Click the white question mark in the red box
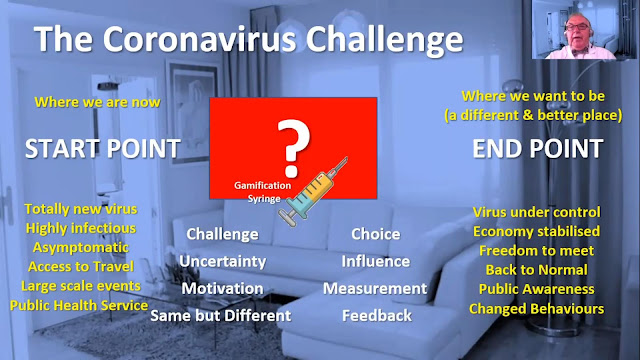pyautogui.click(x=293, y=148)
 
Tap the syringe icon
pyautogui.click(x=313, y=192)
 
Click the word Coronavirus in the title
pyautogui.click(x=200, y=40)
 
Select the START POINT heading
pyautogui.click(x=103, y=149)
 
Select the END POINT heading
pyautogui.click(x=538, y=149)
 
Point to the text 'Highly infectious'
pyautogui.click(x=81, y=228)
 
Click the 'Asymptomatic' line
pyautogui.click(x=81, y=247)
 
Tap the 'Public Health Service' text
pyautogui.click(x=79, y=305)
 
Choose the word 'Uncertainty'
pyautogui.click(x=222, y=262)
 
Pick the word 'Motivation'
pyautogui.click(x=222, y=289)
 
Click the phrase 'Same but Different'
pyautogui.click(x=221, y=316)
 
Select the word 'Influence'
pyautogui.click(x=376, y=261)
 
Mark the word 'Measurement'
pyautogui.click(x=375, y=289)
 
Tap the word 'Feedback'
pyautogui.click(x=377, y=316)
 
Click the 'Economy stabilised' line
pyautogui.click(x=536, y=231)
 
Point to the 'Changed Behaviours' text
pyautogui.click(x=536, y=309)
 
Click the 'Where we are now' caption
pyautogui.click(x=97, y=102)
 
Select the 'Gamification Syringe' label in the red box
pyautogui.click(x=263, y=192)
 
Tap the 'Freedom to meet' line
pyautogui.click(x=536, y=251)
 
